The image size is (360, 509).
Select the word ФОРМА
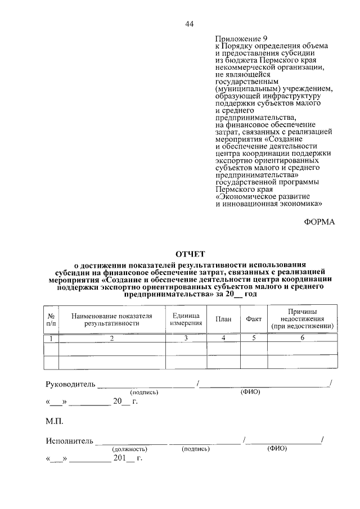[x=319, y=222]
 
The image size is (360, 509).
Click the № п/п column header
[x=51, y=319]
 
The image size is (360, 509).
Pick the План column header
[x=223, y=319]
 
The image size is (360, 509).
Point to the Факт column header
[x=254, y=319]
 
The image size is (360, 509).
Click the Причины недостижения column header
[x=303, y=318]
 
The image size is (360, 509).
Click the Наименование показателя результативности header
[x=112, y=319]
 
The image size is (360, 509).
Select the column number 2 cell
[x=112, y=338]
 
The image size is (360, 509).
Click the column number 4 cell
[x=223, y=337]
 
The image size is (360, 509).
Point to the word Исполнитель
[x=69, y=441]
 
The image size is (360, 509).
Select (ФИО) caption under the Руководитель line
[x=250, y=392]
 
